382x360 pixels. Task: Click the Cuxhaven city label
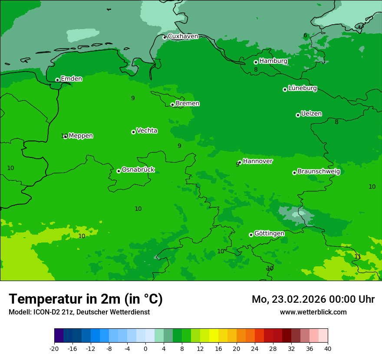coord(183,36)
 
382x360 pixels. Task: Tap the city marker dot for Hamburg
coord(256,62)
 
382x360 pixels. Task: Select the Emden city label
coord(71,79)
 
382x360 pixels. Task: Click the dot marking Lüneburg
coord(285,89)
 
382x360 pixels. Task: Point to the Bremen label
coord(188,103)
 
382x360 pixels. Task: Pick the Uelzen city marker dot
coord(298,115)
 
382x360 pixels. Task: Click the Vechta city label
coord(147,131)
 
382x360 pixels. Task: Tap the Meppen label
coord(81,136)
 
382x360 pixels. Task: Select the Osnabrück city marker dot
coord(119,171)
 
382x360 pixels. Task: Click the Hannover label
coord(257,161)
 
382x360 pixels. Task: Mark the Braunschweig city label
coord(319,171)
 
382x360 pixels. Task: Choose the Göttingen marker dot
coord(251,235)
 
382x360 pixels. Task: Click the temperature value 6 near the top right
coord(305,36)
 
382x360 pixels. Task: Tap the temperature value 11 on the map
coord(358,256)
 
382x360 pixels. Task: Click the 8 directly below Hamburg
coord(256,70)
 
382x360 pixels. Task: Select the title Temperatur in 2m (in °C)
coord(86,299)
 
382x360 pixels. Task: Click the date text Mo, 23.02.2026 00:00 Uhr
coord(313,299)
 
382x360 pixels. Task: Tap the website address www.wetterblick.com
coord(313,312)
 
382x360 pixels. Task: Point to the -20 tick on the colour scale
coord(54,348)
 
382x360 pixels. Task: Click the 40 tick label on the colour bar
coord(328,348)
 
